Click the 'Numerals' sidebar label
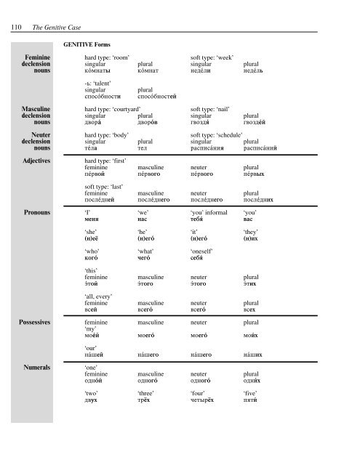pyautogui.click(x=34, y=368)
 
